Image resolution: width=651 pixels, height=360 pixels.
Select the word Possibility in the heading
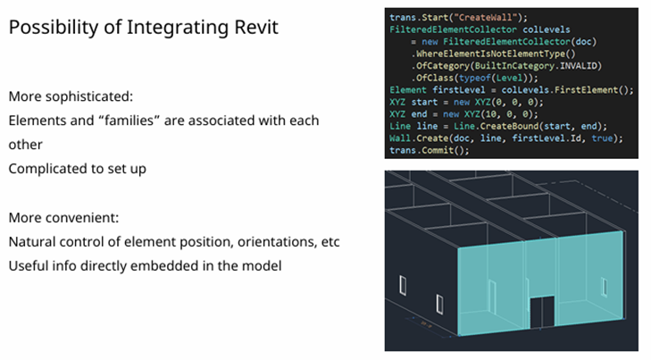pyautogui.click(x=51, y=28)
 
